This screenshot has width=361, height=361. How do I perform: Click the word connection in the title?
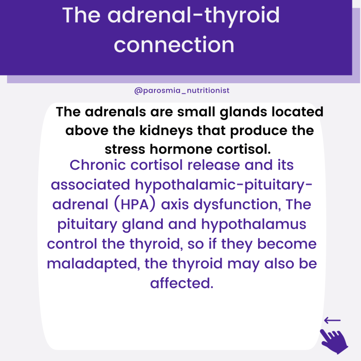click(174, 45)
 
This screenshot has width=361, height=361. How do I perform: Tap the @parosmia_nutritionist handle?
click(182, 91)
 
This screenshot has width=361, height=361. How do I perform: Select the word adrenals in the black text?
click(115, 112)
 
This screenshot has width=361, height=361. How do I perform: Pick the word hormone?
click(181, 149)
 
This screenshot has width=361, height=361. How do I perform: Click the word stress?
click(125, 149)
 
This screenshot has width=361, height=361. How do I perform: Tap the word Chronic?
click(98, 165)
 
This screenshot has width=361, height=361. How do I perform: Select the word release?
click(213, 165)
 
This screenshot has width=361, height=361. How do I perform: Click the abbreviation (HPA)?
click(135, 204)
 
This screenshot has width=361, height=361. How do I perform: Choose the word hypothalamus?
click(254, 225)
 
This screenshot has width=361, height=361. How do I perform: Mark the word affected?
click(182, 283)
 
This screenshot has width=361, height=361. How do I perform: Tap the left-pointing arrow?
click(332, 320)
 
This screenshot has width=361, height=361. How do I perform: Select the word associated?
click(91, 185)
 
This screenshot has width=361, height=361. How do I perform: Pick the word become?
click(287, 244)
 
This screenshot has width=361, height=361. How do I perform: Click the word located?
click(298, 112)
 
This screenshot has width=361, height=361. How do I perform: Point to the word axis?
click(175, 205)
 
